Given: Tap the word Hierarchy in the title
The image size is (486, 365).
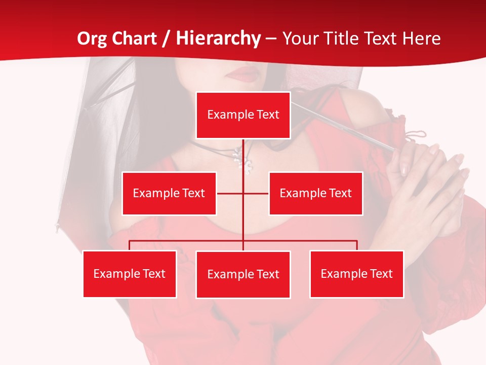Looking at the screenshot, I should point(218,39).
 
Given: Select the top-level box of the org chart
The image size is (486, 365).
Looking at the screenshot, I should point(243,115).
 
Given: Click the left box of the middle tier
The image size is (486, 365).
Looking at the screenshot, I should point(169,193).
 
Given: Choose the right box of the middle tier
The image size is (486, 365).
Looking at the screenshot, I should point(315,193).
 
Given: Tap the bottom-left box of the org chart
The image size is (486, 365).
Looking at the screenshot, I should point(130,274).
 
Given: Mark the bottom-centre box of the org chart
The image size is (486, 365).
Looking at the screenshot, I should point(243,274).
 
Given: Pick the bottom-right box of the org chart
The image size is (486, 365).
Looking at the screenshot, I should point(356,274).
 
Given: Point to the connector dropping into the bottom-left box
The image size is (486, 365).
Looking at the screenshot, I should point(130,245).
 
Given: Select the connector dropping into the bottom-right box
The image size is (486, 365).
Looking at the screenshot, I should point(357,245).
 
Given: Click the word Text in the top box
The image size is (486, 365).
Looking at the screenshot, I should point(268,115).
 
